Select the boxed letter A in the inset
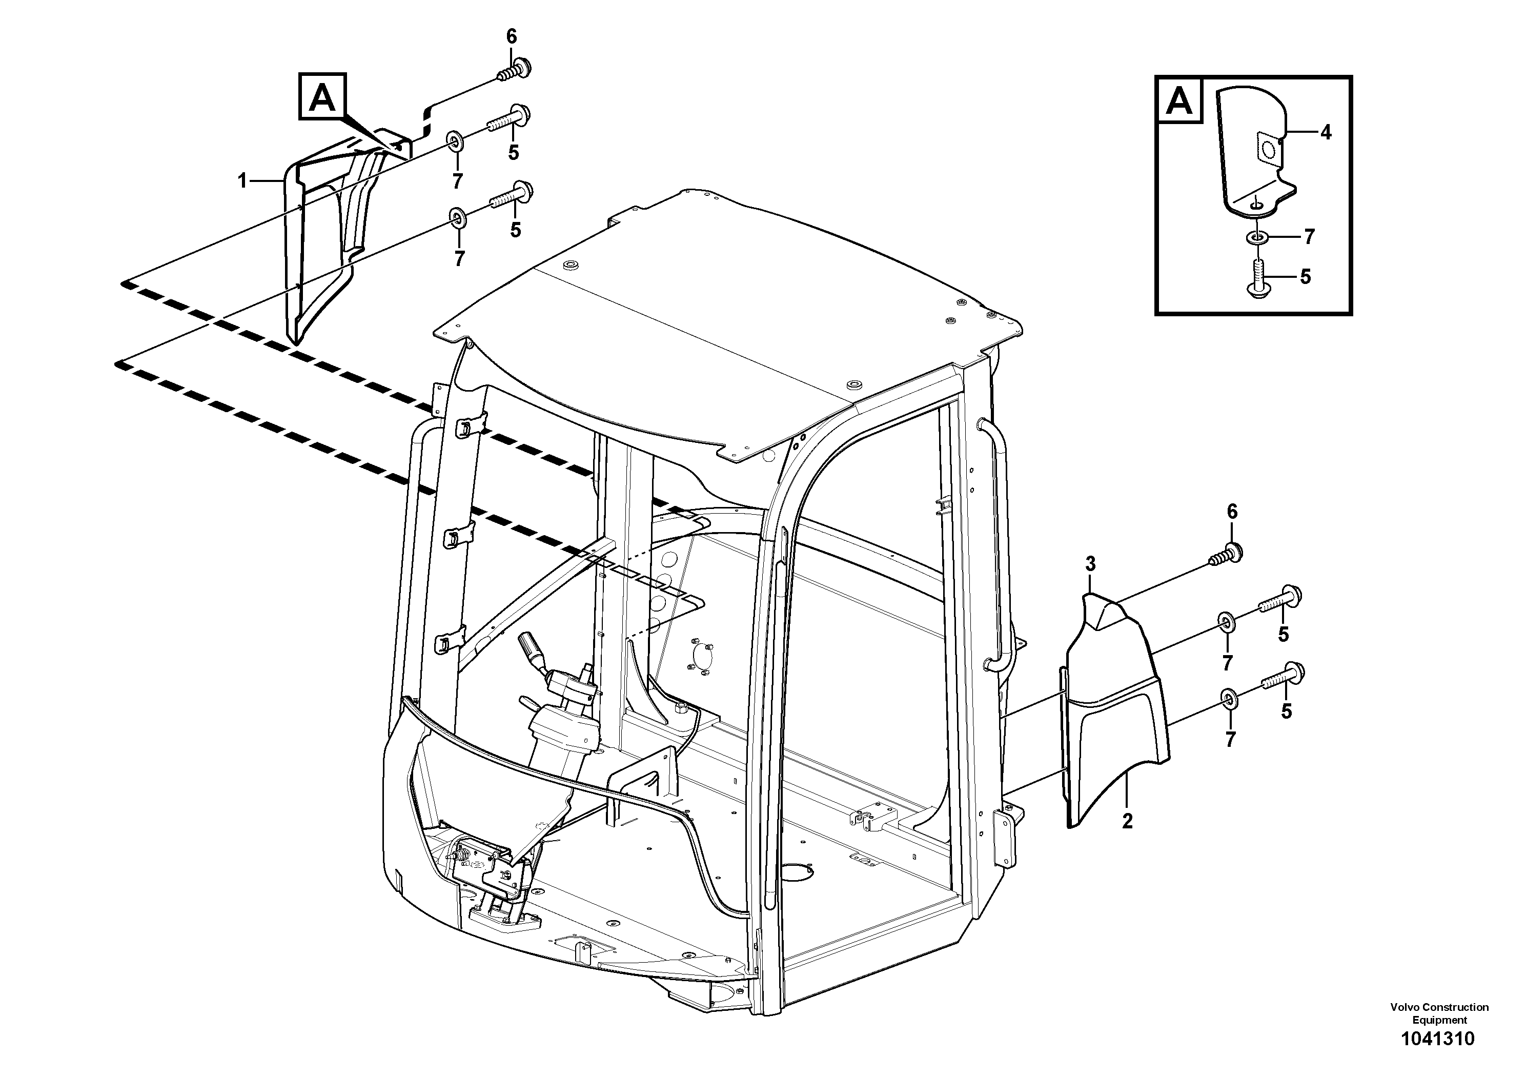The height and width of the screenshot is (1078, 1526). pyautogui.click(x=1179, y=101)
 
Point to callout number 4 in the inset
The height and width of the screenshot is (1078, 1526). pyautogui.click(x=1325, y=133)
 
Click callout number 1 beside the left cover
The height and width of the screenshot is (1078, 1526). pyautogui.click(x=242, y=180)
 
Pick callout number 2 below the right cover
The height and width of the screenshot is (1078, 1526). pyautogui.click(x=1127, y=822)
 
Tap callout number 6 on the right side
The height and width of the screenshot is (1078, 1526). pyautogui.click(x=1232, y=511)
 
